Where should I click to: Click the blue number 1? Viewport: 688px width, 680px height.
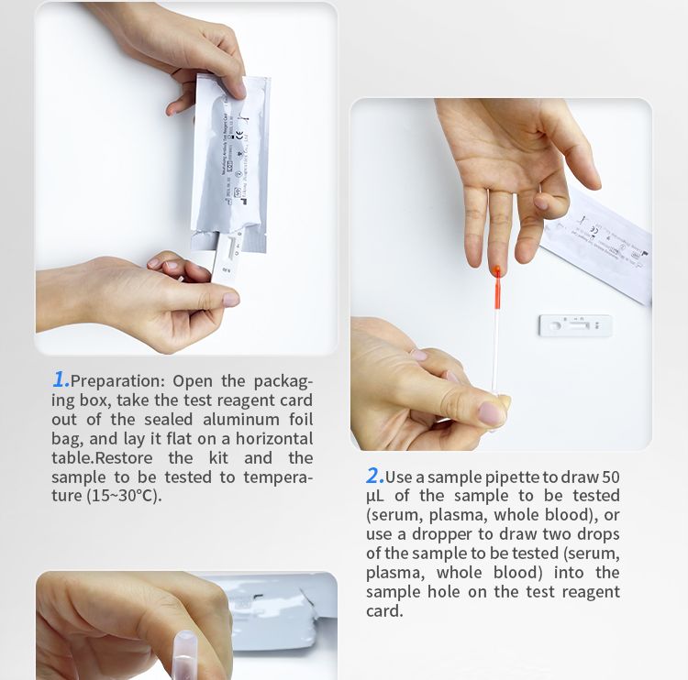pos(61,379)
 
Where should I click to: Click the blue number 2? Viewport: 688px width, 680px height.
pos(374,476)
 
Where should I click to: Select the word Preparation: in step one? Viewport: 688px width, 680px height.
pos(117,380)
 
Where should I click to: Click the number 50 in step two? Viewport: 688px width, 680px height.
pos(610,477)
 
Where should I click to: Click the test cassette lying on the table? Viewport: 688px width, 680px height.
pos(574,324)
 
